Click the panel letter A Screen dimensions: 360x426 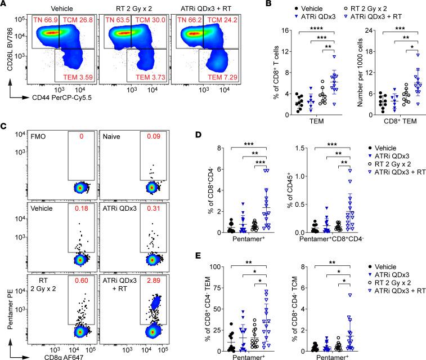[x=5, y=5]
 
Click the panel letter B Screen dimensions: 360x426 [x=243, y=5]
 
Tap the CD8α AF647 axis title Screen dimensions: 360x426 [x=41, y=354]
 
